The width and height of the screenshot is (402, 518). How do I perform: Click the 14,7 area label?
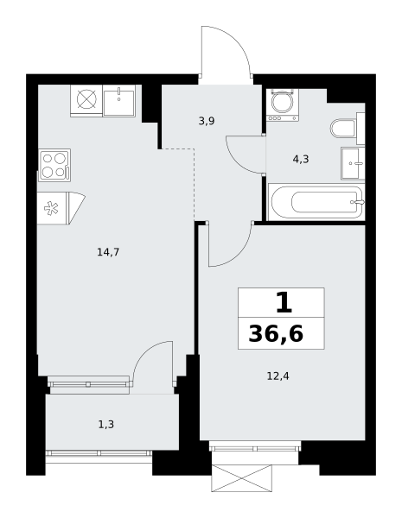[108, 252]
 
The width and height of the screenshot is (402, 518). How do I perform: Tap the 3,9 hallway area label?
[207, 121]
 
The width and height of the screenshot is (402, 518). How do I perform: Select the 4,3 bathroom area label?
[301, 160]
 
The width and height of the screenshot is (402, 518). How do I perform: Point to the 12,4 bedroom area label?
[278, 376]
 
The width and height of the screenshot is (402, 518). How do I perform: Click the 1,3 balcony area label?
[106, 424]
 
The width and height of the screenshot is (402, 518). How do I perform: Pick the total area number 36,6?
[276, 334]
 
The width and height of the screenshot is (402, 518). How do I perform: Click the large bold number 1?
[284, 303]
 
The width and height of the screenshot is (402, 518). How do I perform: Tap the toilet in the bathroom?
[348, 128]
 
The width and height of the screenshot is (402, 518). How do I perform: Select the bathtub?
[316, 202]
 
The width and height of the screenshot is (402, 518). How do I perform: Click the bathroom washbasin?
[353, 163]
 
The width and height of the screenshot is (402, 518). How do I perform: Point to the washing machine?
[283, 105]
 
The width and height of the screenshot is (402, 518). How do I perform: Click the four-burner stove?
[54, 165]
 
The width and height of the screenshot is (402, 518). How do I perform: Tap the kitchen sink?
[119, 100]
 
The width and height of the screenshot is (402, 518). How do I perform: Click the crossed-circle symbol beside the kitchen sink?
[86, 99]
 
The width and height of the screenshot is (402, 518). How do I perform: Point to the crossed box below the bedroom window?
[242, 478]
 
